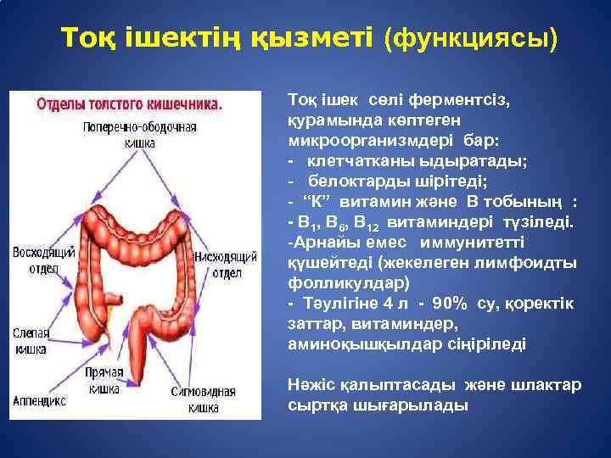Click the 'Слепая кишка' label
tap(31, 341)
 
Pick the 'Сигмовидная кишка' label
tap(204, 399)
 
